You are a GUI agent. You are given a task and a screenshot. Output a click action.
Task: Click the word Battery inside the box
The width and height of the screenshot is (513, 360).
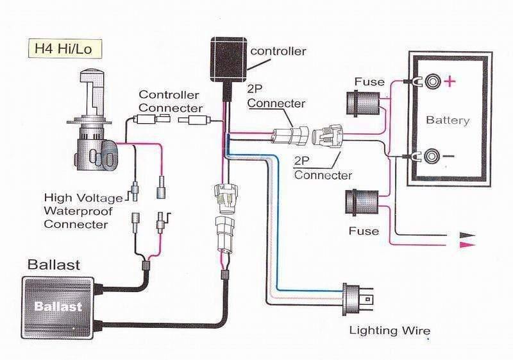coord(448,120)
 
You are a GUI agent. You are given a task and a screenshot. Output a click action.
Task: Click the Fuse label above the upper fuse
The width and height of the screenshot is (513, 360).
coord(369,81)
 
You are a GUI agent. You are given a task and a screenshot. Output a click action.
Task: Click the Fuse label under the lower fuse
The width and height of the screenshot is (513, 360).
coord(364,230)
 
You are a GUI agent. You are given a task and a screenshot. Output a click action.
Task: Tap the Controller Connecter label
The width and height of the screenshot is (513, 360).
coord(171,101)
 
